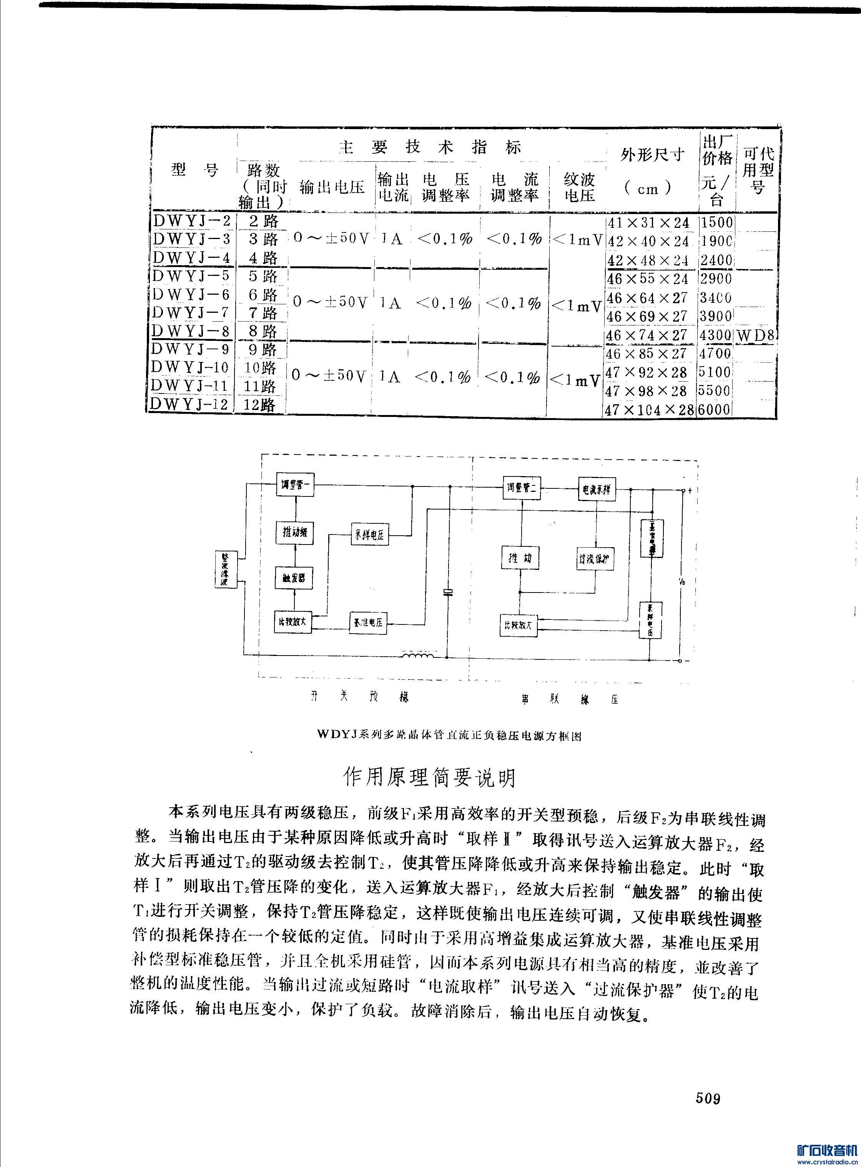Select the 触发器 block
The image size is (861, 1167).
294,578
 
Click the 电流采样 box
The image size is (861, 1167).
596,489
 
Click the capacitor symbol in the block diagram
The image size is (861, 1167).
447,591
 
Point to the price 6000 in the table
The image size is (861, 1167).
715,410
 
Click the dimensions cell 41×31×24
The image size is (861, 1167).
649,223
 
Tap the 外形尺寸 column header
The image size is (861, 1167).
652,155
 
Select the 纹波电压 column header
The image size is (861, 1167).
579,188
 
